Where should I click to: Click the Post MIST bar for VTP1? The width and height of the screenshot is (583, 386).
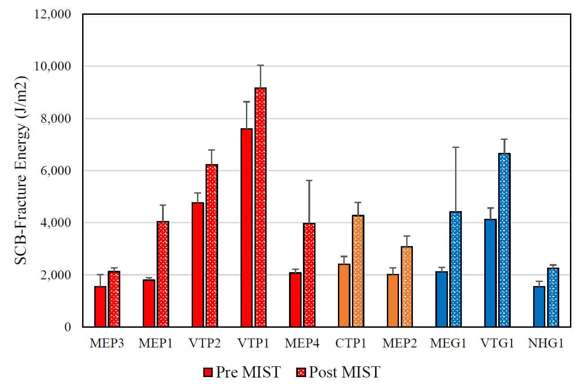pos(260,207)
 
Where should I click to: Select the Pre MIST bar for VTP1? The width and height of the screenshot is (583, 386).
pos(246,228)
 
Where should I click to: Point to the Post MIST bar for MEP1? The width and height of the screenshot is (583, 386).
pos(163,274)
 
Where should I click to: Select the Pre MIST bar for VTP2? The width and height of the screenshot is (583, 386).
pos(197,265)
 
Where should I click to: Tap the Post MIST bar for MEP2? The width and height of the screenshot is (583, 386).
pos(407,286)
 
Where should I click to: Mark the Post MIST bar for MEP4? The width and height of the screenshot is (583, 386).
pos(309,275)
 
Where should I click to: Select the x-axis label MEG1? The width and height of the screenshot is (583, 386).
pos(448,343)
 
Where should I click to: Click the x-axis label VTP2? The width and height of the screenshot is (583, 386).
pos(204,343)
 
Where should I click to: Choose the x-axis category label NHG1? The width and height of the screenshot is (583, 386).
pos(546,343)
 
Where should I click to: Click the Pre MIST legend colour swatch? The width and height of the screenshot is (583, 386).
pos(207,372)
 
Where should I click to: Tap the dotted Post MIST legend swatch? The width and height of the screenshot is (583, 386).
pos(300,372)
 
